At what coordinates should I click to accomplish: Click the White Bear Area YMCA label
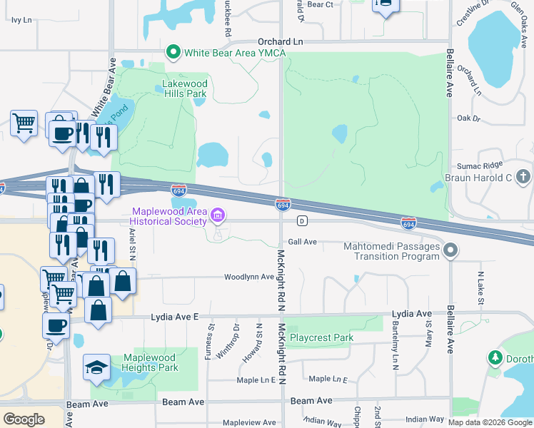pyautogui.click(x=226, y=52)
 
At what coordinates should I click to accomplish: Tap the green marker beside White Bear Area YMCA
pyautogui.click(x=172, y=52)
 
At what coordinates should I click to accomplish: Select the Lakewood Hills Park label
pyautogui.click(x=184, y=88)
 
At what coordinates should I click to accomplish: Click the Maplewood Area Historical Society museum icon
pyautogui.click(x=218, y=213)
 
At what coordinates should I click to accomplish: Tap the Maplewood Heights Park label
pyautogui.click(x=150, y=362)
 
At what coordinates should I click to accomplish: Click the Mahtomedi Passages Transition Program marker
pyautogui.click(x=450, y=250)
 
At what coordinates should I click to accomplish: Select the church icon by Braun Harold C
pyautogui.click(x=523, y=176)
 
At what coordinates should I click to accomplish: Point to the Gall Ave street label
pyautogui.click(x=302, y=242)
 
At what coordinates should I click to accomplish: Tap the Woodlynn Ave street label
pyautogui.click(x=249, y=277)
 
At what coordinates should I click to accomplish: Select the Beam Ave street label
pyautogui.click(x=184, y=402)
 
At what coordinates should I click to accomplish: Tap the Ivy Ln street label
pyautogui.click(x=22, y=20)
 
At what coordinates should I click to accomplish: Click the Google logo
pyautogui.click(x=24, y=419)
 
